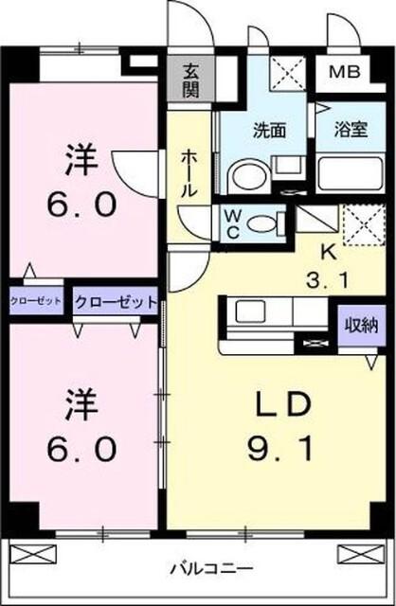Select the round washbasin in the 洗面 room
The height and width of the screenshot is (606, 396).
pos(245,176)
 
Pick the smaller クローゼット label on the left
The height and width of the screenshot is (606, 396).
pos(36,301)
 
